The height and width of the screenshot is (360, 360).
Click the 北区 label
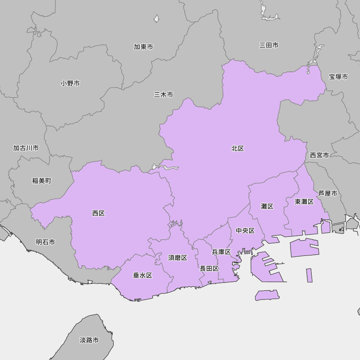click(x=238, y=148)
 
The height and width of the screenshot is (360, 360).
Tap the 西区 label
click(x=98, y=213)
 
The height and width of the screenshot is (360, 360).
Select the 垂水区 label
click(x=143, y=275)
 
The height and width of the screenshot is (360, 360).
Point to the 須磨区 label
click(x=177, y=258)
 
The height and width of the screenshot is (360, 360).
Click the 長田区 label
click(x=209, y=269)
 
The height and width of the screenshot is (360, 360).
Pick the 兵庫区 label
click(x=221, y=252)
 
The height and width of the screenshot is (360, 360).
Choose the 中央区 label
click(x=245, y=231)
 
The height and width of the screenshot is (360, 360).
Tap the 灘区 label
click(x=267, y=206)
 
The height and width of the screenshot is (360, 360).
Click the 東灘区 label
click(x=304, y=202)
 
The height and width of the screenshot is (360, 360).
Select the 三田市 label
click(x=269, y=45)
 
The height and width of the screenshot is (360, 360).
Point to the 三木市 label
click(x=163, y=95)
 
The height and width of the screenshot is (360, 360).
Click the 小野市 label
click(x=70, y=83)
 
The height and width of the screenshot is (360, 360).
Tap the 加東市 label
click(x=143, y=47)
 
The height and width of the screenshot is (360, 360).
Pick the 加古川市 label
click(x=26, y=148)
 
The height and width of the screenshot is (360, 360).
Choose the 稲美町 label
click(x=42, y=181)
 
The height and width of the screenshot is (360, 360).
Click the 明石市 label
click(x=45, y=242)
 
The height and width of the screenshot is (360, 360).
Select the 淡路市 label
click(x=89, y=340)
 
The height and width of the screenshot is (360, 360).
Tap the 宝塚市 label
click(x=338, y=77)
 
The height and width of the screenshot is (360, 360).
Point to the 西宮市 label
click(x=319, y=155)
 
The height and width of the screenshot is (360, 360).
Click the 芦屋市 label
click(x=328, y=193)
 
